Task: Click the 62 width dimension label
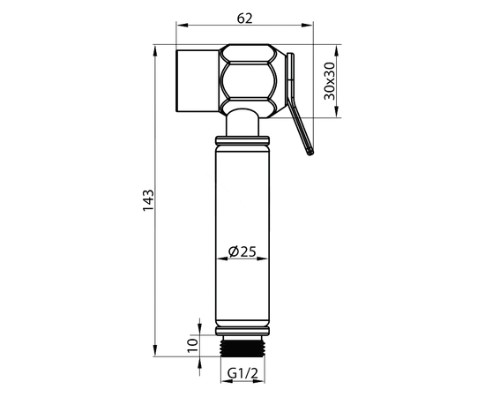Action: [x=244, y=19]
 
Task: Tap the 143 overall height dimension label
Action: [x=148, y=200]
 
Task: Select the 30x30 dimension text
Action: [x=330, y=81]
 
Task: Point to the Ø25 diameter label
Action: [x=242, y=251]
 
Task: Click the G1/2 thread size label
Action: [x=242, y=373]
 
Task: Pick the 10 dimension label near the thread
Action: [x=192, y=345]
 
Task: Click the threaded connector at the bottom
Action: [x=242, y=346]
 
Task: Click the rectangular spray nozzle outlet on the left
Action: [x=197, y=80]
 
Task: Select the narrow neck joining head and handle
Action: [x=242, y=123]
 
